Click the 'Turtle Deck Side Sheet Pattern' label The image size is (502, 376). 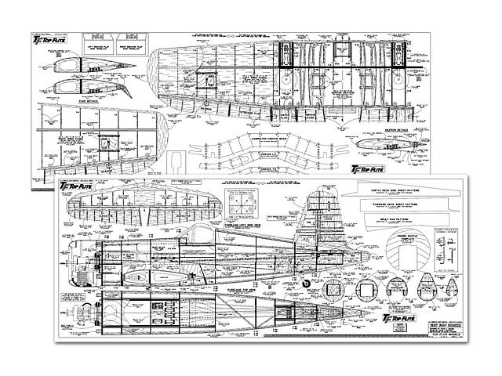pos(407,190)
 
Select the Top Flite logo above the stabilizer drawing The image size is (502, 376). pos(77,187)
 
